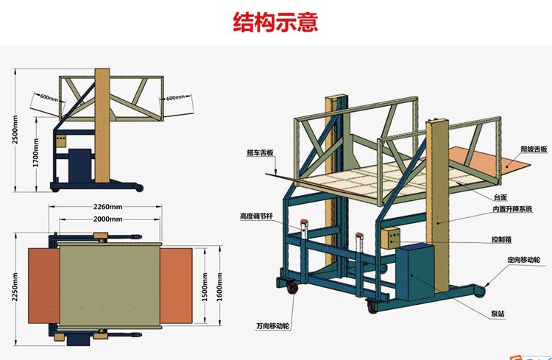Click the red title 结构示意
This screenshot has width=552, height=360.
tap(275, 22)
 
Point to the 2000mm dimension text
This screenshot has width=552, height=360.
tap(108, 219)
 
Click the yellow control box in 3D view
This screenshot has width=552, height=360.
tap(389, 238)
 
